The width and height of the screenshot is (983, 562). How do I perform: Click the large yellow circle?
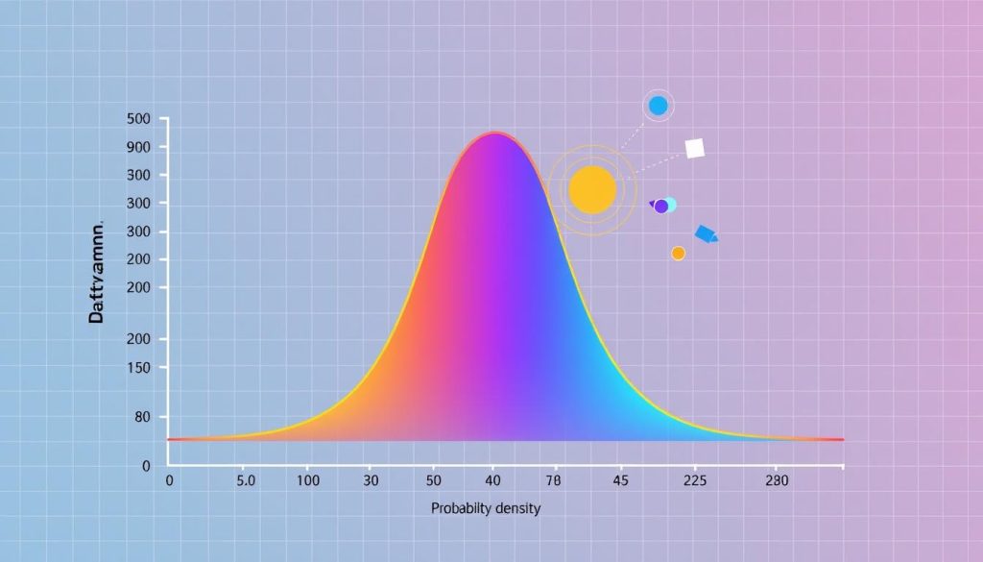pos(591,189)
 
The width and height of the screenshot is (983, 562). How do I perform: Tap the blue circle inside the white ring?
pos(658,106)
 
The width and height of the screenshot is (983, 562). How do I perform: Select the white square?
pos(695,148)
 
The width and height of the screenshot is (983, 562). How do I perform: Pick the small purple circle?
pos(660,207)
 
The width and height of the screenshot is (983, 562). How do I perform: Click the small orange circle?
pos(678,254)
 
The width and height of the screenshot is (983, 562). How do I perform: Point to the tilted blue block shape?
pos(706,233)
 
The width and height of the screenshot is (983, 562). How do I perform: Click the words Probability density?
pos(486,508)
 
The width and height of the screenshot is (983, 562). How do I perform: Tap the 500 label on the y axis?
pos(138,119)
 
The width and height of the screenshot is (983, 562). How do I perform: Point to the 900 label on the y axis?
pos(138,148)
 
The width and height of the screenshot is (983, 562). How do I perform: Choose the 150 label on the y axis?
pos(138,367)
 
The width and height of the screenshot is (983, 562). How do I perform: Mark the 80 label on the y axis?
pos(141,417)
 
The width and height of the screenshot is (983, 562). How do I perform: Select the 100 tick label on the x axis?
pos(308,479)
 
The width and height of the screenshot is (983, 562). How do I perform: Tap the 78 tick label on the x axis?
pos(554,479)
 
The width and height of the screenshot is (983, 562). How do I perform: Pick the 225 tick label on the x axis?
pos(693,479)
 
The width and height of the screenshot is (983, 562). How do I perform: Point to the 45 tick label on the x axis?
pos(619,479)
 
